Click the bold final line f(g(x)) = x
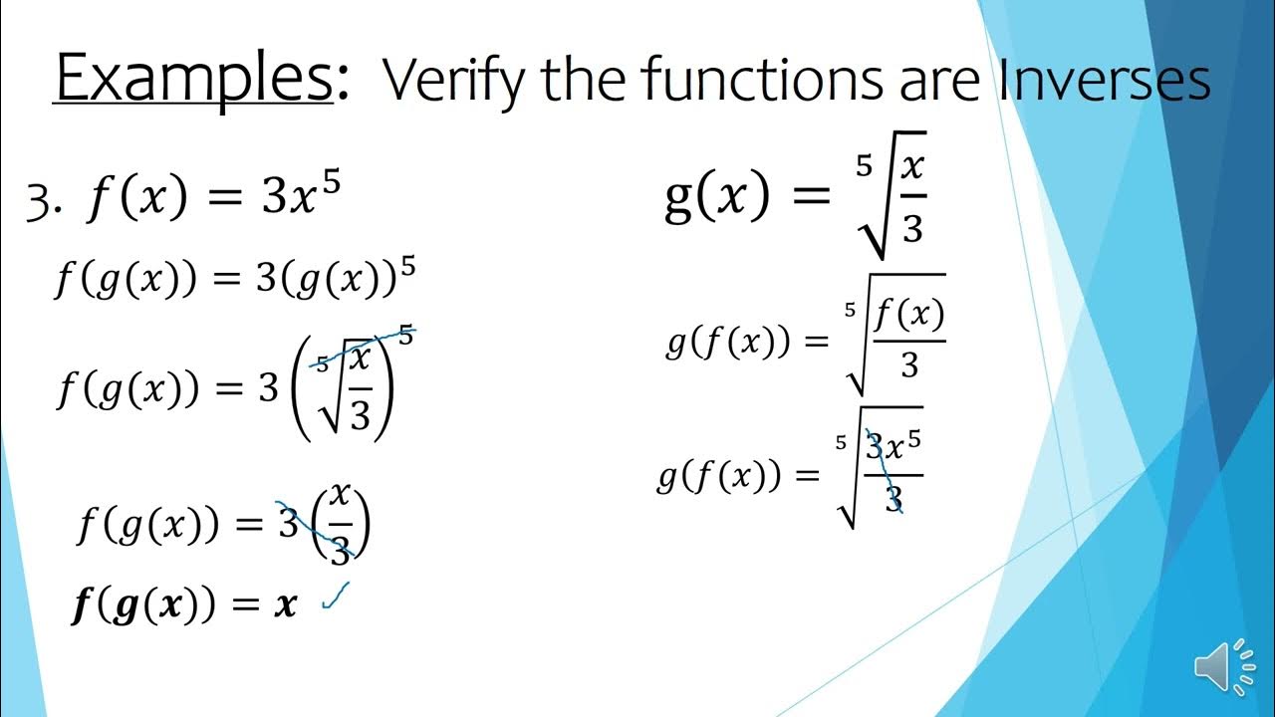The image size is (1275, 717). point(185,605)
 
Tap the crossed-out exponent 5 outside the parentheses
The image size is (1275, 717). point(405,337)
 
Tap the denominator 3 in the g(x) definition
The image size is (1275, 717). point(912,229)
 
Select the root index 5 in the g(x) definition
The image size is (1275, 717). point(863,165)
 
